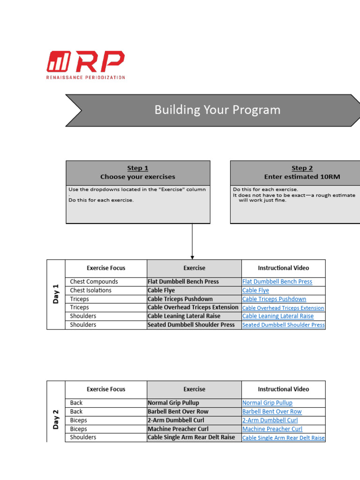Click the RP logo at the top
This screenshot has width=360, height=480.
[86, 65]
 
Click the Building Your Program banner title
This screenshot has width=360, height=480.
[217, 110]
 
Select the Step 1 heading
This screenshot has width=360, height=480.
[137, 168]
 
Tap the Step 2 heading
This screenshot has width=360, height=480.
[302, 168]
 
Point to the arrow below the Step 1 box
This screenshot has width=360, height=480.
[192, 241]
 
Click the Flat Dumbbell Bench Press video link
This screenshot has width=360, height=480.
[277, 282]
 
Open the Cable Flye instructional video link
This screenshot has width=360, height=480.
[255, 291]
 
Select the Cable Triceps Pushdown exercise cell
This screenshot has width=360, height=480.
[180, 299]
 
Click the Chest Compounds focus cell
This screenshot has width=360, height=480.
[94, 282]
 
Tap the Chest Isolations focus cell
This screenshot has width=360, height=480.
[91, 291]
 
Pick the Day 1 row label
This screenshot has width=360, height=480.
[56, 294]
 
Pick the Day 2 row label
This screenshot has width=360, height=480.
[56, 419]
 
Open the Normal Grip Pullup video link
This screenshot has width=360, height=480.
[267, 403]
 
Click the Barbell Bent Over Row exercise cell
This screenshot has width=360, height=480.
[178, 412]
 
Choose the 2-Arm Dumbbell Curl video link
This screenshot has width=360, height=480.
[270, 420]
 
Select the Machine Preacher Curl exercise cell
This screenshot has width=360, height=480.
[178, 429]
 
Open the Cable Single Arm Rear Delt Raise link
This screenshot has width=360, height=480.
[283, 438]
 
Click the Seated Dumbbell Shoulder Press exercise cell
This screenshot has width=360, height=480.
[191, 325]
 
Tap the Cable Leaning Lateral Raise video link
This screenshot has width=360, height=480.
[278, 316]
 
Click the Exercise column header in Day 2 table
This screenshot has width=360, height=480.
[194, 389]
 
